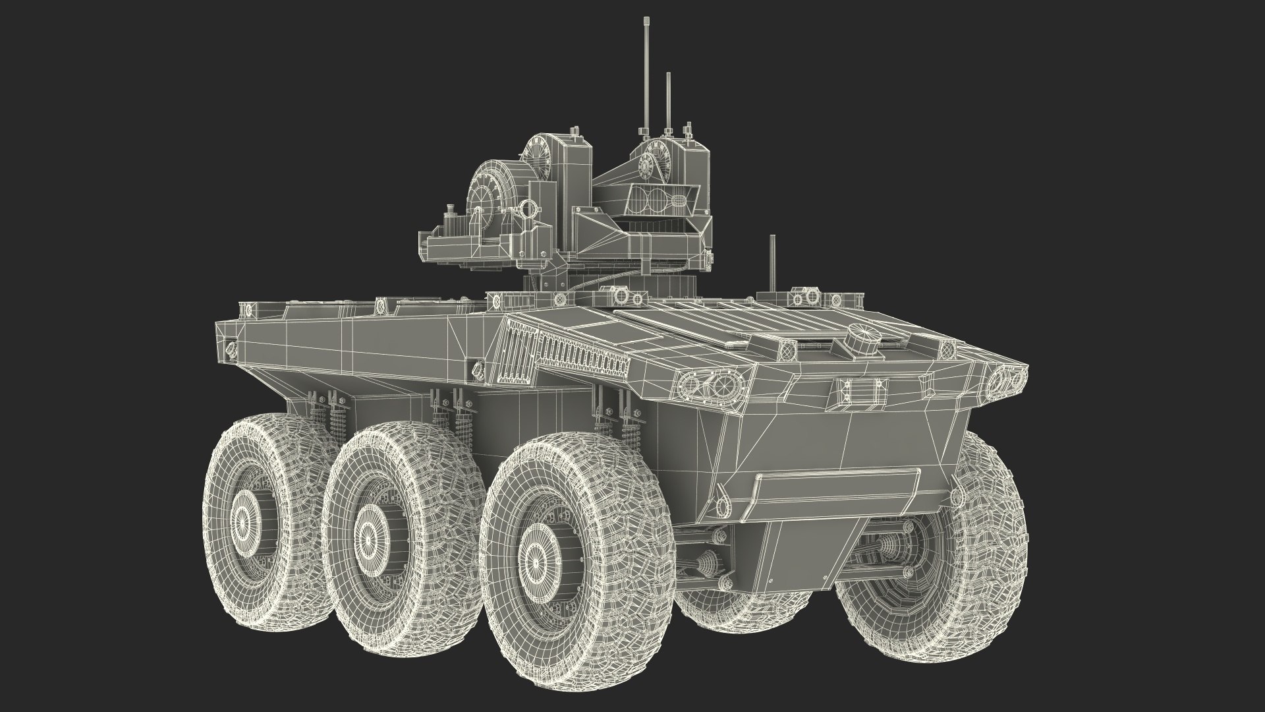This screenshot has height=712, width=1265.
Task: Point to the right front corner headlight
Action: tap(1006, 378)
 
